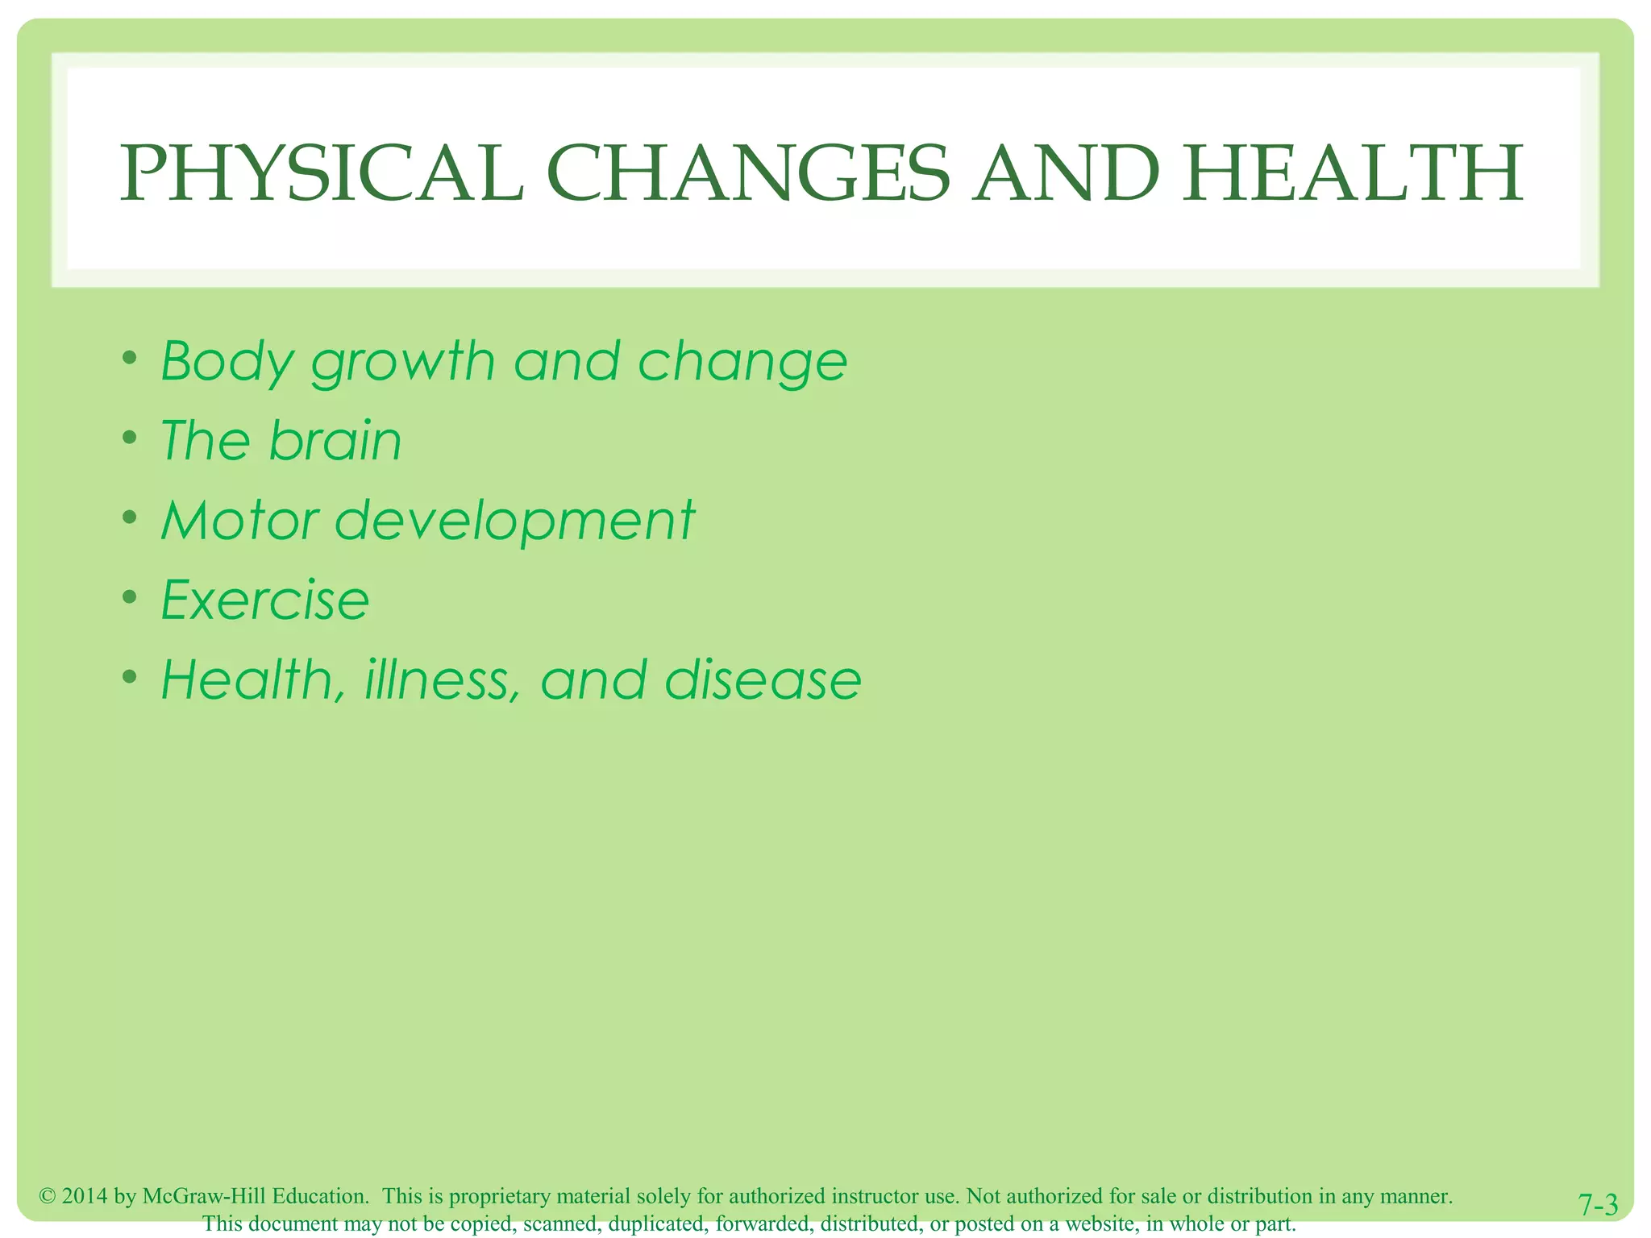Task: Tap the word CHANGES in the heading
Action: point(748,173)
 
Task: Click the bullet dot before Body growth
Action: point(129,358)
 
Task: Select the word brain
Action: point(335,441)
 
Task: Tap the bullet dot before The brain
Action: point(129,438)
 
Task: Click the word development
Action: point(514,521)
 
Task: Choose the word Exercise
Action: point(265,600)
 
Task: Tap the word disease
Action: point(763,679)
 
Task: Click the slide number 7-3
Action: point(1598,1205)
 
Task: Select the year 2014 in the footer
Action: point(85,1196)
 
